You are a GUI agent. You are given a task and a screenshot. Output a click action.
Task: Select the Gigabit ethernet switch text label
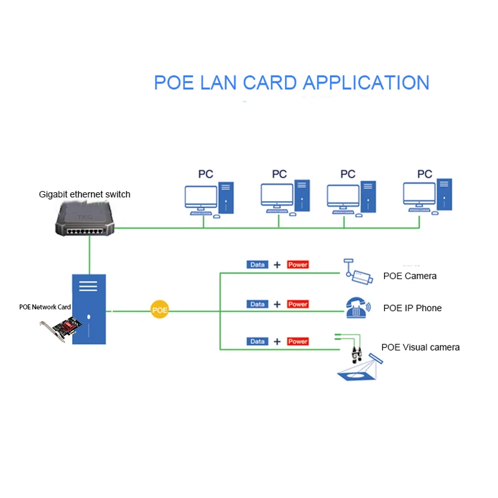85,194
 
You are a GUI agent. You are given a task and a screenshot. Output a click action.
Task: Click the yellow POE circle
160,309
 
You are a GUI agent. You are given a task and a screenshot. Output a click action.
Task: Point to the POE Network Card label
45,307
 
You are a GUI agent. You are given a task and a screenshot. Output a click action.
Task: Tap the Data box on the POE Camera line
257,265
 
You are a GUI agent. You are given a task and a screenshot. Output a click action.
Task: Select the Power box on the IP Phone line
298,304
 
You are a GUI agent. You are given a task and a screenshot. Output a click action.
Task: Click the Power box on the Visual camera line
298,341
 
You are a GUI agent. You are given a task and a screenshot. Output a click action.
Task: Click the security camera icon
359,273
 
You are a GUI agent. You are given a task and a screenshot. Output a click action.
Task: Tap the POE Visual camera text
420,347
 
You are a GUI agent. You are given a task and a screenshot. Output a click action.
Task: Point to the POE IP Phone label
412,308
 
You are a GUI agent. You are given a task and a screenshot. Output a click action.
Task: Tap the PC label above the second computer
280,174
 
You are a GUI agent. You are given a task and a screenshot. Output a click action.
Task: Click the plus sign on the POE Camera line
277,265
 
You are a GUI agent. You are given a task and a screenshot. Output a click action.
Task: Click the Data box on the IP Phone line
257,304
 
